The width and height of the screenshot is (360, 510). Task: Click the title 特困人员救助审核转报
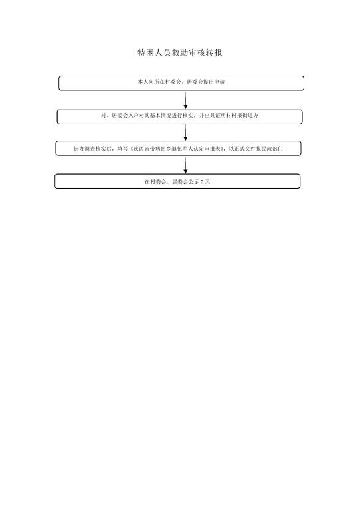pos(180,52)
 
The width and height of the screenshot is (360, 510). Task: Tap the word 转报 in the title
pos(214,52)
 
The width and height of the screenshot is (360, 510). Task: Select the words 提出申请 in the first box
pos(214,82)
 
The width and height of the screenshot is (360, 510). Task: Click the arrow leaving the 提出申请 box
pos(185,100)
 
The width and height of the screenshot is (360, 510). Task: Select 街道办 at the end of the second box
pos(250,116)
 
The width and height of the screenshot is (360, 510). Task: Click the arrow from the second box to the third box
pos(185,132)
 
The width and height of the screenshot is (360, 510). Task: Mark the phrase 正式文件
pos(244,149)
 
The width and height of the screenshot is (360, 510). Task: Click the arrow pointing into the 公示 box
pos(185,165)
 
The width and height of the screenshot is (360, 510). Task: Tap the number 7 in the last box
pos(203,182)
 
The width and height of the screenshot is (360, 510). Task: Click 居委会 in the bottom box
pos(180,182)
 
